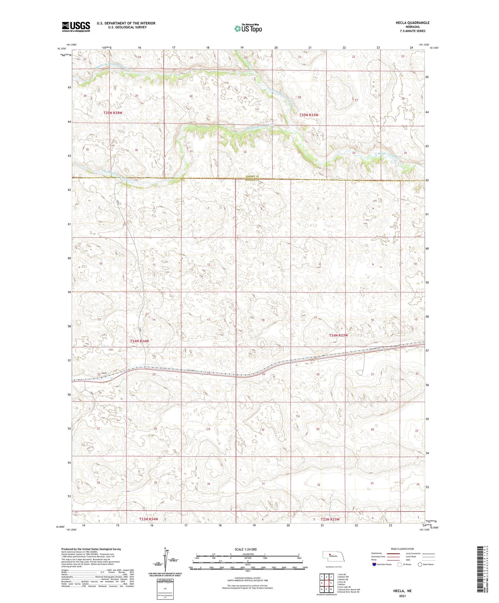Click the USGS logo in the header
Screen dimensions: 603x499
click(x=76, y=26)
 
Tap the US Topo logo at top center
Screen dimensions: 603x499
click(x=248, y=28)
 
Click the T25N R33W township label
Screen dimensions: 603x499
click(x=309, y=115)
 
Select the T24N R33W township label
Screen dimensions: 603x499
click(x=338, y=335)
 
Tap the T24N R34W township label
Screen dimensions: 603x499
click(x=140, y=341)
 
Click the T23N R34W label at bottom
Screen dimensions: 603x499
click(x=148, y=519)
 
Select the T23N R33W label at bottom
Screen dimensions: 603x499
click(x=330, y=519)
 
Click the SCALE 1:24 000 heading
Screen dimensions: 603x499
click(x=246, y=549)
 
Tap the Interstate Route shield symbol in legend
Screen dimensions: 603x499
click(x=374, y=565)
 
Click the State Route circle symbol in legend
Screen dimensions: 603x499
click(x=420, y=565)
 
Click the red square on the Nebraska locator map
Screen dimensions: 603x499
click(x=329, y=555)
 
